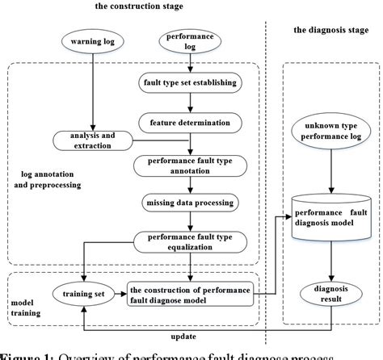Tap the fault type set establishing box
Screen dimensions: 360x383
coord(189,82)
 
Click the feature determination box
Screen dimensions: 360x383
coord(189,123)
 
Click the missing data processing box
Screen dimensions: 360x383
coord(189,201)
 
